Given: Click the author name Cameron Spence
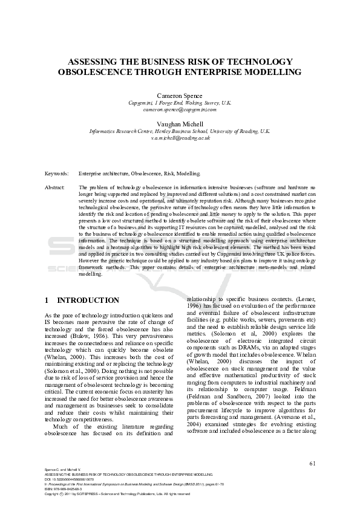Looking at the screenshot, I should [180, 96].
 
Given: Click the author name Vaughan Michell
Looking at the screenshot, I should [180, 124].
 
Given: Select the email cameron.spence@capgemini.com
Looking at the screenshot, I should [180, 111].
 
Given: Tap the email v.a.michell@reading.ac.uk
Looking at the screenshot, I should [180, 138].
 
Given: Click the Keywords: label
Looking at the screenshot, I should [57, 173].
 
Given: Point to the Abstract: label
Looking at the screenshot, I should [55, 188].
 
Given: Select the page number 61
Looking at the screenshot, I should [312, 464].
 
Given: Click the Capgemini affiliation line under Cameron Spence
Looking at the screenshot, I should [180, 103].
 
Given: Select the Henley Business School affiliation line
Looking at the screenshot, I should [180, 131].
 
